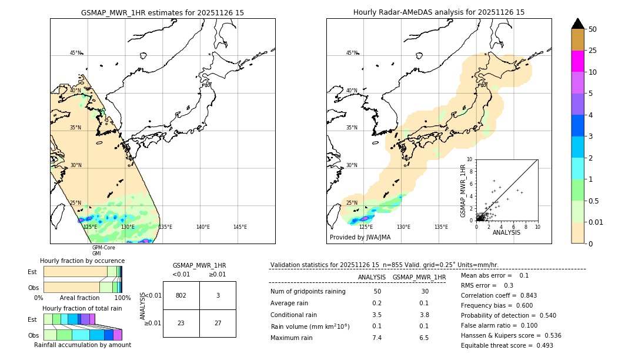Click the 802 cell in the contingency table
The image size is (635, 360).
(181, 295)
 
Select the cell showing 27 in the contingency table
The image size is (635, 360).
(218, 323)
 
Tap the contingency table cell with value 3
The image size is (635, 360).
(218, 295)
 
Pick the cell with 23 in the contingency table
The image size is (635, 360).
(181, 323)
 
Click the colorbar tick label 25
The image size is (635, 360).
(593, 51)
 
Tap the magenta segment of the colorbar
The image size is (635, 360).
(577, 61)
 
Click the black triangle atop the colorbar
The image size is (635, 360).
(577, 24)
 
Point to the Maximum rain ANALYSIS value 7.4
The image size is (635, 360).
(377, 338)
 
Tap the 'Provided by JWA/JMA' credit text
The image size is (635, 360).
(360, 238)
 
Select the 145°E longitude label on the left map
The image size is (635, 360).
(240, 227)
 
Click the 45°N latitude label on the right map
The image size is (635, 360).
(352, 53)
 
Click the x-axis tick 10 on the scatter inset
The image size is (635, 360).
(537, 226)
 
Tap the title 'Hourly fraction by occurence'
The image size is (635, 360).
(82, 261)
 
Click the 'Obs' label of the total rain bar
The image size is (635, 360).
(34, 335)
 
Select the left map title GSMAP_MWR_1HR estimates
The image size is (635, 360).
(162, 12)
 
